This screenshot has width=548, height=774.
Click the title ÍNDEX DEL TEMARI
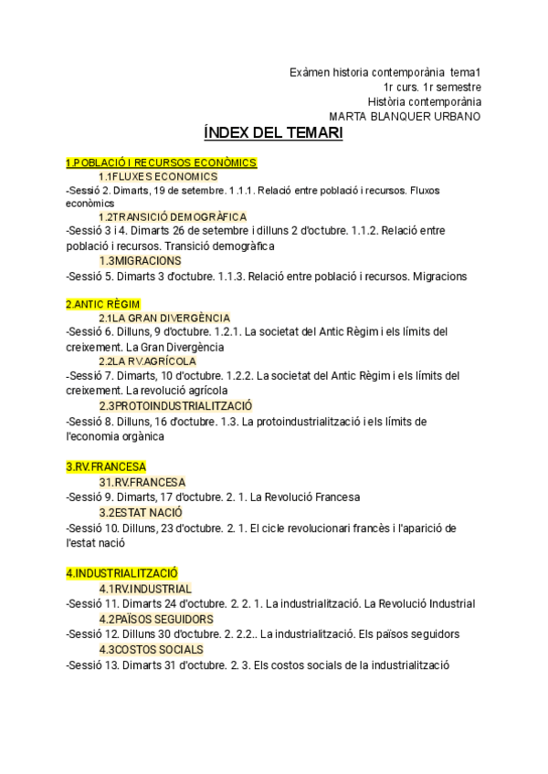(273, 133)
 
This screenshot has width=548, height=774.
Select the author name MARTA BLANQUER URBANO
(405, 116)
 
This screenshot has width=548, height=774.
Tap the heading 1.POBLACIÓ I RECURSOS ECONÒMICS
(161, 162)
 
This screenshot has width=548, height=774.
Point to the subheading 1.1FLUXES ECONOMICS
(158, 176)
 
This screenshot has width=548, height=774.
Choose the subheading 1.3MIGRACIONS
(140, 261)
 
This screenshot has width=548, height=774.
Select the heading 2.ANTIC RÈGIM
(103, 303)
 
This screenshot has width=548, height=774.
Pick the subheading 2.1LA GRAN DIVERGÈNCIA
(163, 318)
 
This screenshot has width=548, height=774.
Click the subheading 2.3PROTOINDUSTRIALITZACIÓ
(176, 405)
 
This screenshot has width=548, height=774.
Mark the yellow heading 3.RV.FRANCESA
(106, 466)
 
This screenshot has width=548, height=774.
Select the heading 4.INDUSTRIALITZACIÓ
(121, 572)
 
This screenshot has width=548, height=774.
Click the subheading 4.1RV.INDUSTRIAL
(145, 589)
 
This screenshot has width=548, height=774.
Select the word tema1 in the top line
(465, 72)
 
